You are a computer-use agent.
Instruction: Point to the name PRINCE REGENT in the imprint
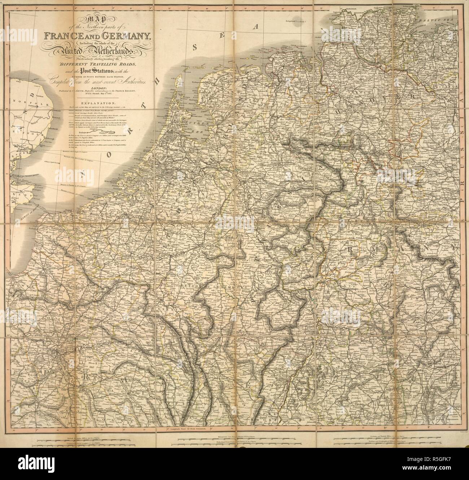tap(131, 92)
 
